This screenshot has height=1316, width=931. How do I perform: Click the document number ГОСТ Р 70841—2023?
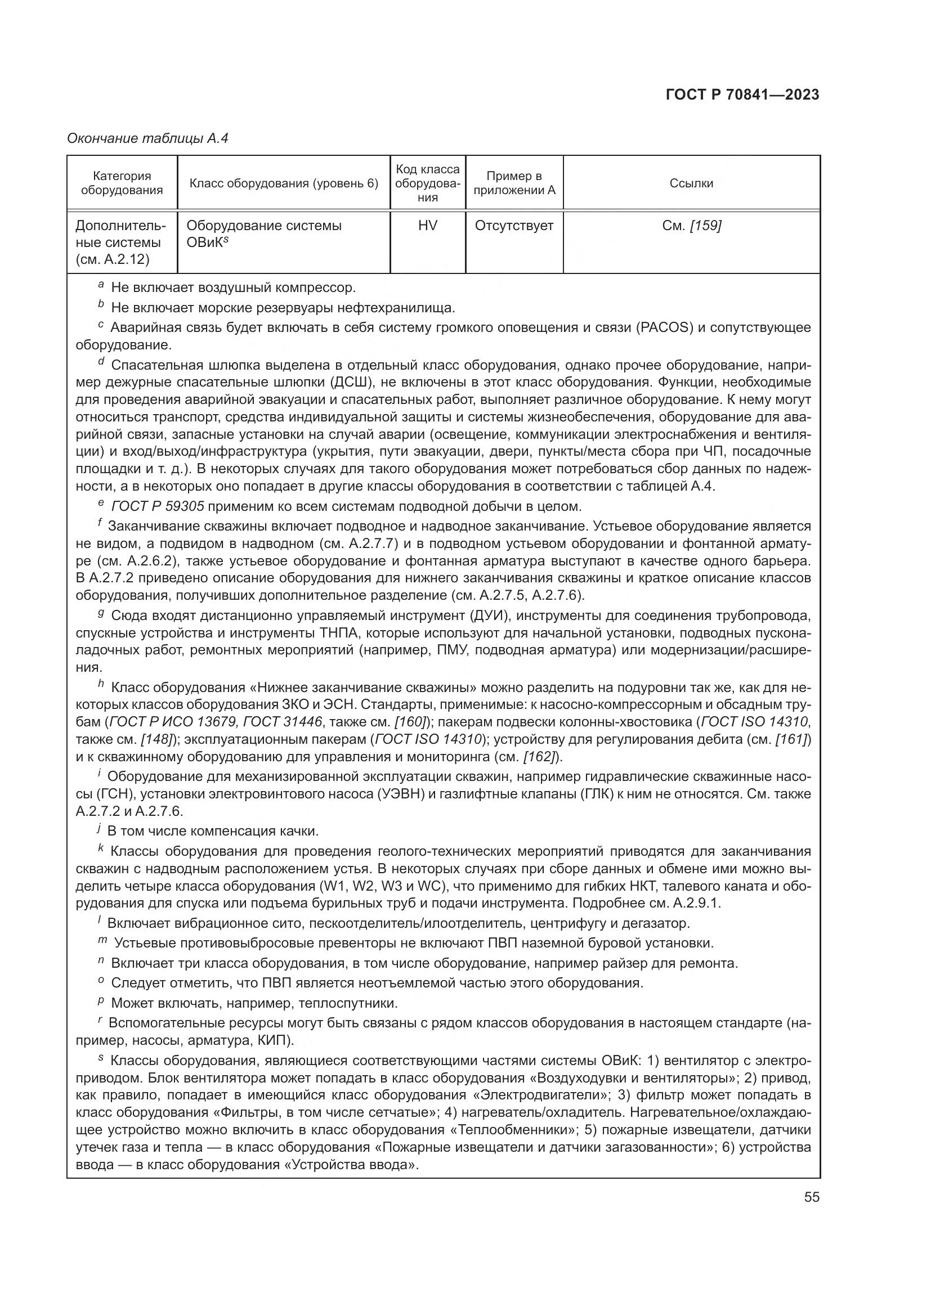pyautogui.click(x=742, y=95)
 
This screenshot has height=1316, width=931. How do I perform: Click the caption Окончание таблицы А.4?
pyautogui.click(x=147, y=138)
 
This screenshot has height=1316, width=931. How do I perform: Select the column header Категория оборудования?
pyautogui.click(x=122, y=183)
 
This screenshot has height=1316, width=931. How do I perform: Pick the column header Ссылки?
pyautogui.click(x=691, y=183)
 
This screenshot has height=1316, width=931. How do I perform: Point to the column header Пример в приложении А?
pyautogui.click(x=514, y=183)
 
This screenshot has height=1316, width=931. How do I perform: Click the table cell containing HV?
pyautogui.click(x=428, y=226)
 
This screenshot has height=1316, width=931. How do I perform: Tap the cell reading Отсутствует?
pyautogui.click(x=514, y=226)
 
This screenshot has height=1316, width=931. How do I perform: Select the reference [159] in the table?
pyautogui.click(x=705, y=226)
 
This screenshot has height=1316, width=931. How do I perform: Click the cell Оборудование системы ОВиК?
pyautogui.click(x=263, y=233)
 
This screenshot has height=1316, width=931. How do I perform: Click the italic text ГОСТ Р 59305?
pyautogui.click(x=158, y=507)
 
